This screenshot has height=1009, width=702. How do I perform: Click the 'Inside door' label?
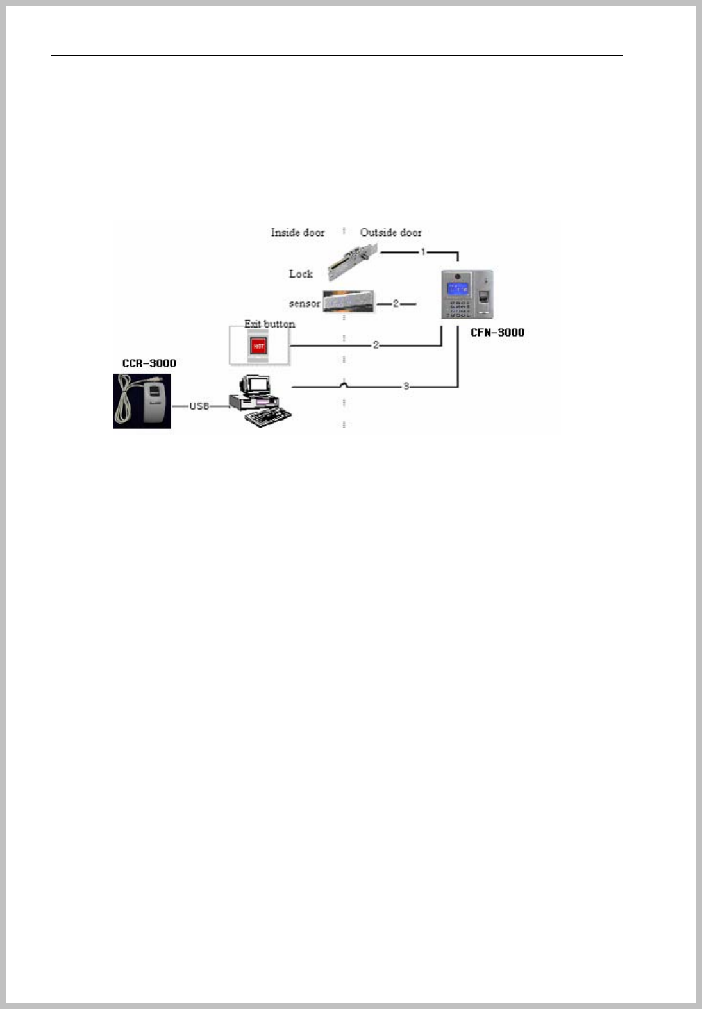pyautogui.click(x=297, y=232)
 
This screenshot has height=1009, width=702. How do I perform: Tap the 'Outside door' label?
pyautogui.click(x=390, y=232)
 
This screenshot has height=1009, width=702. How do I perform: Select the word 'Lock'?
pyautogui.click(x=301, y=274)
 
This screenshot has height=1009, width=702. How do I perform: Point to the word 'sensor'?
pyautogui.click(x=304, y=303)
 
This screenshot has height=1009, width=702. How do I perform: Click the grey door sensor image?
pyautogui.click(x=347, y=301)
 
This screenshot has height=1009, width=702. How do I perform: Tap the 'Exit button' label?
pyautogui.click(x=269, y=324)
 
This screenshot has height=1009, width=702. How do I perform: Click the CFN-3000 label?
pyautogui.click(x=497, y=332)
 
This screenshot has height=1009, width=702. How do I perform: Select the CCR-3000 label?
pyautogui.click(x=149, y=363)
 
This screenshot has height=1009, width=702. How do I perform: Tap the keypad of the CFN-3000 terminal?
pyautogui.click(x=460, y=309)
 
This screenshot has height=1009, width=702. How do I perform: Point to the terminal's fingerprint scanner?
pyautogui.click(x=485, y=299)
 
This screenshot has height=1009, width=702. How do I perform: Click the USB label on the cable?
pyautogui.click(x=199, y=406)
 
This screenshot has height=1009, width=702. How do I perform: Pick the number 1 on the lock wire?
pyautogui.click(x=423, y=252)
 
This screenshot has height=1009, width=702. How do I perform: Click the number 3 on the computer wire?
pyautogui.click(x=406, y=387)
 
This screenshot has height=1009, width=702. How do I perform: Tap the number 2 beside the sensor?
pyautogui.click(x=396, y=303)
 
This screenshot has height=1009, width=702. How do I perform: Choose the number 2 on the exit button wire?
pyautogui.click(x=376, y=345)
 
